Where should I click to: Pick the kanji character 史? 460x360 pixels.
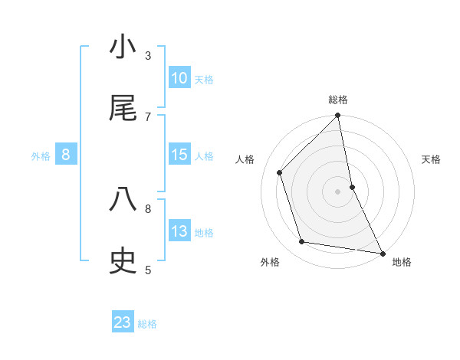[123, 261]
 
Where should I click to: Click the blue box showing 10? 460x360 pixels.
[179, 78]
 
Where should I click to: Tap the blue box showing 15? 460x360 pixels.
[179, 155]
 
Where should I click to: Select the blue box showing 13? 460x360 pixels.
[179, 231]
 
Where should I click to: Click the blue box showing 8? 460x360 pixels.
[66, 155]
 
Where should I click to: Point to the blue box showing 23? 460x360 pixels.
[123, 322]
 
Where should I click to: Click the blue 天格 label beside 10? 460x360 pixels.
[204, 79]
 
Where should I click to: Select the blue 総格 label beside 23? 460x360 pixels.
[147, 324]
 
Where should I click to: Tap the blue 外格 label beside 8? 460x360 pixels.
[41, 156]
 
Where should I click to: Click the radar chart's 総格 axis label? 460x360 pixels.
[338, 100]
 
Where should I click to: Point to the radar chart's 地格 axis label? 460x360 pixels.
[402, 262]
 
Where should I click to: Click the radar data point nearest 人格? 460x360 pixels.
[280, 172]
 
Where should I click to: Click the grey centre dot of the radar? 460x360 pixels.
[338, 191]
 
